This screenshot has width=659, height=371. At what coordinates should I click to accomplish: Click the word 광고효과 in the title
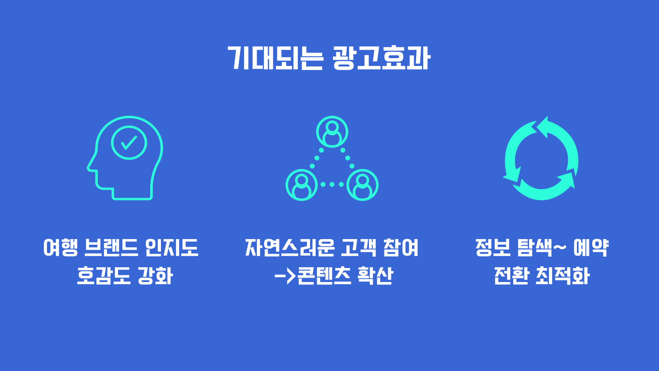pos(381,58)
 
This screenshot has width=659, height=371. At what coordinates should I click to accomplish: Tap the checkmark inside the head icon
pos(129,143)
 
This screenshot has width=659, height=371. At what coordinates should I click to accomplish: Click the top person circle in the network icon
pos(332,132)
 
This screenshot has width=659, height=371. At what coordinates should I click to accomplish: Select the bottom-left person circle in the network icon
pos(302,185)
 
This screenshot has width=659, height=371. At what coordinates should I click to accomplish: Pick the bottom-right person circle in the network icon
pos(362,185)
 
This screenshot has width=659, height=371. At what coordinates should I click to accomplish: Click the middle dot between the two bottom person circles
pos(332,184)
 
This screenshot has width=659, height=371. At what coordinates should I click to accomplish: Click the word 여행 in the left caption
pos(61,247)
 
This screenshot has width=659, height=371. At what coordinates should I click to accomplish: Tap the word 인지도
pos(172,247)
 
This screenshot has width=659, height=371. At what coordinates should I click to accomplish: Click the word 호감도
pos(104,276)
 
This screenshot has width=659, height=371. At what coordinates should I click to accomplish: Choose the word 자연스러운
pos(290,247)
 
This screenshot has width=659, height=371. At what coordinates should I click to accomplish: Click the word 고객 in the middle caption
pos(359,247)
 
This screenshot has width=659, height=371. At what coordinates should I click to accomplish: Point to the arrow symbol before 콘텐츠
pos(285,276)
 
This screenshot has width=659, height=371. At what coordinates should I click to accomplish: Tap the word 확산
pos(375,276)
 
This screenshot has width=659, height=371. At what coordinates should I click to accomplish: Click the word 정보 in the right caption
pos(493,247)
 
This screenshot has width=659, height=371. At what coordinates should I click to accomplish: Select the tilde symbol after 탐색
pos(560,247)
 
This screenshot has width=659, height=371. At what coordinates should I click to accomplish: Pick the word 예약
pos(591,247)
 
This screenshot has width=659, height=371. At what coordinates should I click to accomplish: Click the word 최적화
pos(563,276)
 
